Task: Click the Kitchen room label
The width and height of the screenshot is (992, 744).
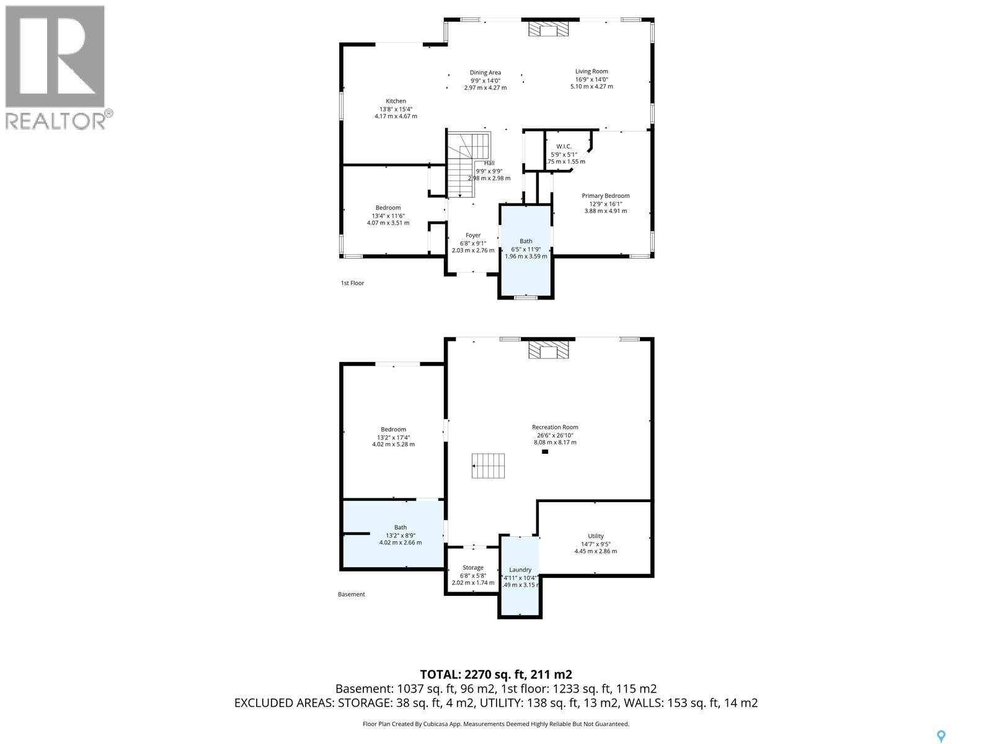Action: click(396, 101)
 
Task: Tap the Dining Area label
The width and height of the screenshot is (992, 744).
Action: click(485, 73)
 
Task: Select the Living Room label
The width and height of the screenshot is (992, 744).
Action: click(591, 71)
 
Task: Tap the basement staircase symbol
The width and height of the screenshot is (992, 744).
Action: click(489, 466)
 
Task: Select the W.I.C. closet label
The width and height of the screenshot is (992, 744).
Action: click(564, 146)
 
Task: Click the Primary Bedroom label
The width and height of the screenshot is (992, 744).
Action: click(605, 196)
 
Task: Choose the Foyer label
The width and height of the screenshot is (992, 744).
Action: click(473, 236)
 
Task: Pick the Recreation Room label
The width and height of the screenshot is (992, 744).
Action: click(555, 427)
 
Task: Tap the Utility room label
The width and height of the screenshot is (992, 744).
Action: click(595, 536)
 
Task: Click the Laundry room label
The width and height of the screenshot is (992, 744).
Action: click(520, 570)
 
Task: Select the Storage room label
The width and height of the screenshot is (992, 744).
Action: click(473, 567)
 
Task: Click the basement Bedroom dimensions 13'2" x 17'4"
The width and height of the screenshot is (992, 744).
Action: click(393, 437)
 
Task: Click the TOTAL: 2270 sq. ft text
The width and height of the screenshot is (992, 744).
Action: click(495, 675)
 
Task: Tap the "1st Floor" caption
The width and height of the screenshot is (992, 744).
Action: click(352, 283)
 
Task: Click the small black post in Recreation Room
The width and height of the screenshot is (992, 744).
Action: click(545, 452)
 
